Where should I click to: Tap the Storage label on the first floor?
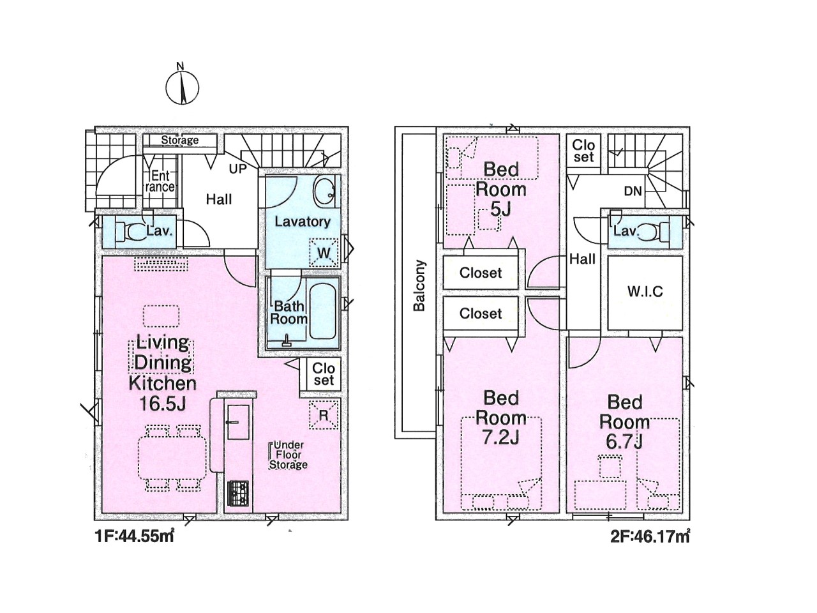(180, 140)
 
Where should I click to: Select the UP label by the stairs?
(238, 169)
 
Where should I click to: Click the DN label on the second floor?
(633, 192)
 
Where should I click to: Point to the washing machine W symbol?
(324, 253)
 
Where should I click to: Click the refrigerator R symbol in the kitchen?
(324, 414)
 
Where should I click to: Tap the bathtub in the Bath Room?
(323, 312)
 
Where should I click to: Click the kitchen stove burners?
(238, 493)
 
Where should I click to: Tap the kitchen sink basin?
(238, 422)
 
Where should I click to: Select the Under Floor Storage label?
(289, 455)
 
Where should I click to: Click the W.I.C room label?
(645, 291)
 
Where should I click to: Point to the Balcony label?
(419, 285)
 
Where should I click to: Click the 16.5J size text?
(163, 404)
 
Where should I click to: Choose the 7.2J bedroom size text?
(500, 438)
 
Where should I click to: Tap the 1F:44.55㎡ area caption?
(135, 536)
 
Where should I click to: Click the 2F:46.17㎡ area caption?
(650, 538)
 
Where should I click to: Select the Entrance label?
(160, 181)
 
